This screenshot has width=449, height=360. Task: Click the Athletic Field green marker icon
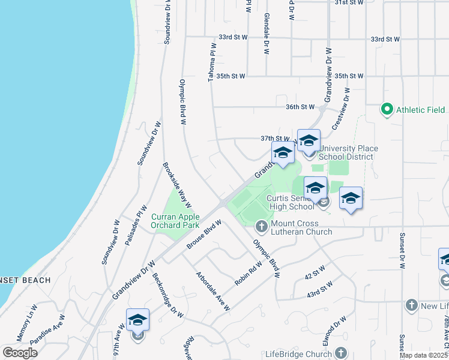tap(387, 109)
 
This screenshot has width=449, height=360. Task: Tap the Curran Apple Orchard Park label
tap(175, 221)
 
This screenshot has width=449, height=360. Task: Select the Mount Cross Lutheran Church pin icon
tap(261, 227)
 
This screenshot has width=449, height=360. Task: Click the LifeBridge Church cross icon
tap(342, 353)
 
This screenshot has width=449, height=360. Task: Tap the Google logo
tap(20, 353)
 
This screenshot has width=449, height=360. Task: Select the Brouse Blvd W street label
tap(204, 234)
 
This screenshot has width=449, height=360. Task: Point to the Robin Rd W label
tap(249, 273)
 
